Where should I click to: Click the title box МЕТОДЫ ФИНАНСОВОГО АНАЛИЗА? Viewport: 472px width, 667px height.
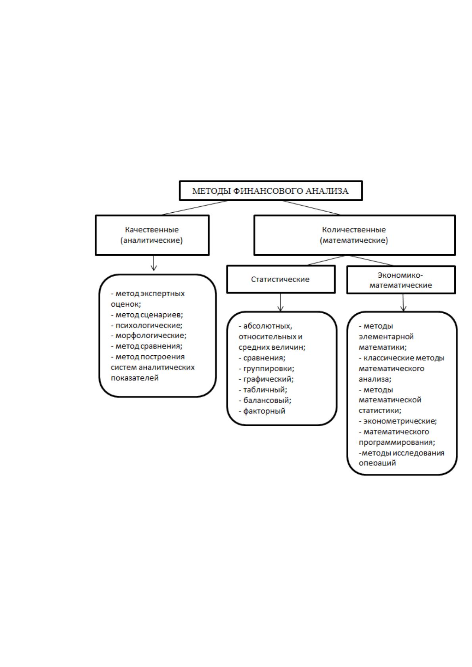coord(271,191)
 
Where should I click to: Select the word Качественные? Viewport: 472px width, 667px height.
coord(152,230)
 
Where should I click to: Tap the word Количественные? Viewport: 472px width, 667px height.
coord(354,230)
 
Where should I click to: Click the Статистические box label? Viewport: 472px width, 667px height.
coord(280,279)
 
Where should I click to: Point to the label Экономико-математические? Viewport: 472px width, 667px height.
coord(401,280)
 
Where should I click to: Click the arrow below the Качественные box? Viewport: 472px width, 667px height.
coord(153,263)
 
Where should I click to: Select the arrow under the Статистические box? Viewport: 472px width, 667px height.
coord(280,302)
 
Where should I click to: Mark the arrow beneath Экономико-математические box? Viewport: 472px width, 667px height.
coord(403,303)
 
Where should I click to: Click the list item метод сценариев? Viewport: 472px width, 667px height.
coord(147,314)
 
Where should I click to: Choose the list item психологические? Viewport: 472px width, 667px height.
coord(146,325)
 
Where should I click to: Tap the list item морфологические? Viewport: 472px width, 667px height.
coord(148,335)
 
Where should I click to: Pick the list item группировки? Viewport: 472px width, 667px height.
coord(266,369)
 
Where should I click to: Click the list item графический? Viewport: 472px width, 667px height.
coord(266,379)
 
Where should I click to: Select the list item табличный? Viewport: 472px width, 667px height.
coord(263,390)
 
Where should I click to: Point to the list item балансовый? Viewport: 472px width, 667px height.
coord(265,400)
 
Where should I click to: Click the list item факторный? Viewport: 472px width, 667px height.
coord(262,411)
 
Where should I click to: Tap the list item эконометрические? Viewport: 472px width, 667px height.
coord(398,421)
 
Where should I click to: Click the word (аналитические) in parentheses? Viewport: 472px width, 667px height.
coord(152,240)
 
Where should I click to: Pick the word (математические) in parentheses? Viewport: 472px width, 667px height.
coord(354,240)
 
